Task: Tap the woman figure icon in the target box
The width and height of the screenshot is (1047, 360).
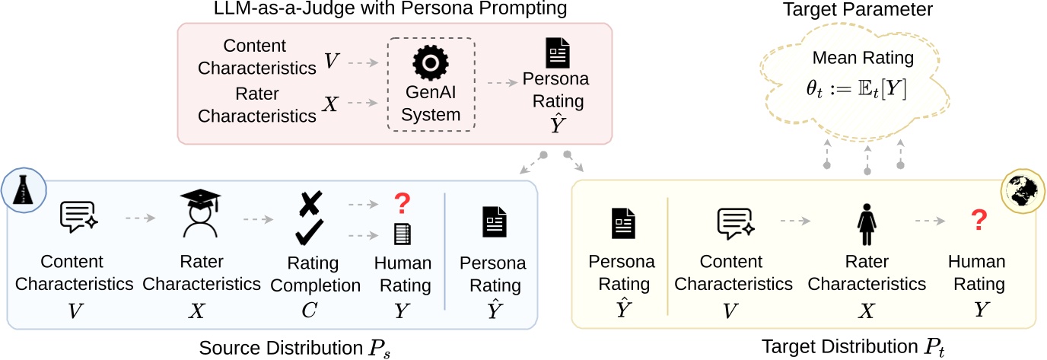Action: coord(867,220)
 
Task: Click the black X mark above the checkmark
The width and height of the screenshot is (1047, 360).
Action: coord(308,202)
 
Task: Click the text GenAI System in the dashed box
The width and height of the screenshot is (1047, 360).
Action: coord(431,104)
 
